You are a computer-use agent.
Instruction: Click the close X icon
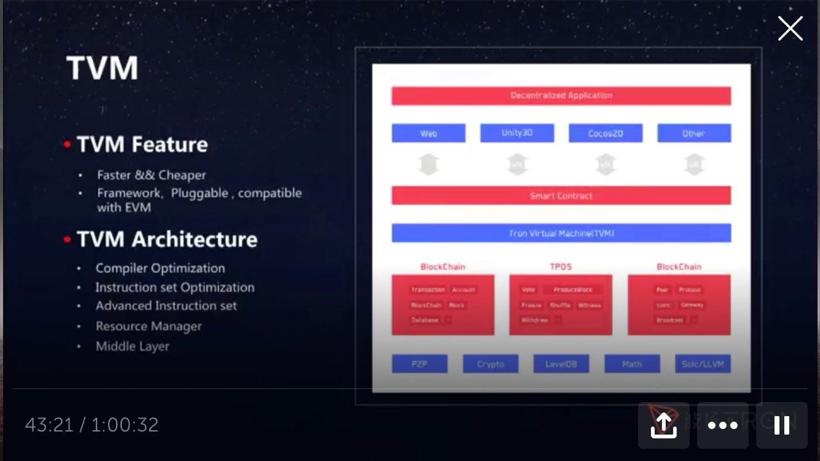[790, 29]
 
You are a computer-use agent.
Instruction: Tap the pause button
[782, 425]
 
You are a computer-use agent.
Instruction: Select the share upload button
[664, 425]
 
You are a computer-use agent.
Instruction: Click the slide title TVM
[102, 68]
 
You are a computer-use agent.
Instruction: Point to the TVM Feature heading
[142, 144]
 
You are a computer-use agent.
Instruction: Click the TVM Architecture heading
[167, 239]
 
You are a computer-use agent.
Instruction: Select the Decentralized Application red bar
[561, 96]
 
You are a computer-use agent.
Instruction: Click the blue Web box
[429, 133]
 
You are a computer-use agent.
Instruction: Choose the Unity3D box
[517, 133]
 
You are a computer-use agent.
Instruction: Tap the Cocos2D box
[605, 133]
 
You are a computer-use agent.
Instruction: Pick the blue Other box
[694, 133]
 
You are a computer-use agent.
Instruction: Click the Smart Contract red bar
[561, 196]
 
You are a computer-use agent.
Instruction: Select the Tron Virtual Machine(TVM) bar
[561, 233]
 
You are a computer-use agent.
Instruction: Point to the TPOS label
[561, 267]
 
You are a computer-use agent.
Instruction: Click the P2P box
[420, 364]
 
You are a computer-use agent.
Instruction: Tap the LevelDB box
[561, 364]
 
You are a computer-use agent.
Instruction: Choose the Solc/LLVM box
[703, 364]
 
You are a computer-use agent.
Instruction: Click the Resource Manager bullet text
[149, 326]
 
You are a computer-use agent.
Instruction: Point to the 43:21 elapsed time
[49, 425]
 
